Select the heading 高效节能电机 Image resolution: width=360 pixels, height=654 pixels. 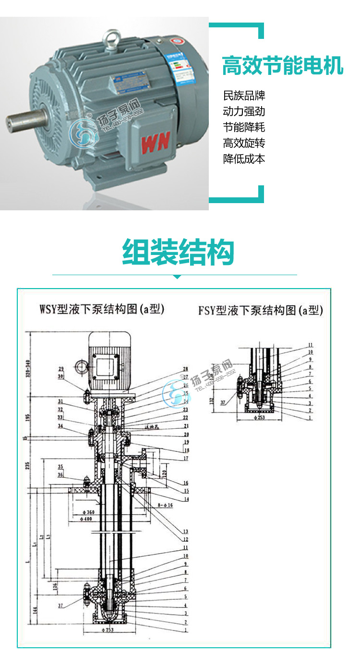click(283, 66)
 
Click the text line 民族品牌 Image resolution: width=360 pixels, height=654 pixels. click(244, 96)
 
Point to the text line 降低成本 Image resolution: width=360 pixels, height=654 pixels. click(244, 159)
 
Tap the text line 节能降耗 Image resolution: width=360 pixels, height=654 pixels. click(244, 127)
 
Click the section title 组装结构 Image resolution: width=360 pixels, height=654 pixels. click(178, 253)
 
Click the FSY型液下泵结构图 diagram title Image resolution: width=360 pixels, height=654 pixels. click(261, 311)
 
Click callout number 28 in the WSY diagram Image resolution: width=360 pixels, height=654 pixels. click(185, 369)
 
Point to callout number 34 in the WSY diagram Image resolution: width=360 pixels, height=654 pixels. click(60, 426)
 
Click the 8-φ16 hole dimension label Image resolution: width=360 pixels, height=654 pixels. click(166, 506)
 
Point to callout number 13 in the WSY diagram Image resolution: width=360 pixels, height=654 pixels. click(185, 532)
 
